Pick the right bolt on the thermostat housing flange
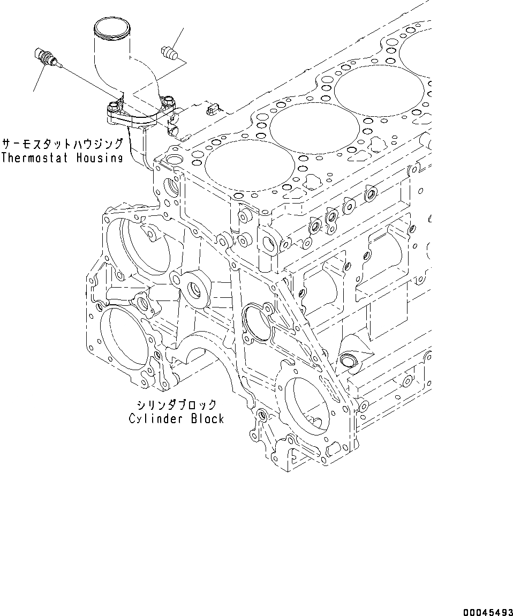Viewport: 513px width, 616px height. [170, 101]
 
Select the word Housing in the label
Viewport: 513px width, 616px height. [99, 157]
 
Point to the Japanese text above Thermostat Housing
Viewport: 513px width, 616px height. [63, 144]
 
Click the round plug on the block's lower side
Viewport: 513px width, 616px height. [349, 362]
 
